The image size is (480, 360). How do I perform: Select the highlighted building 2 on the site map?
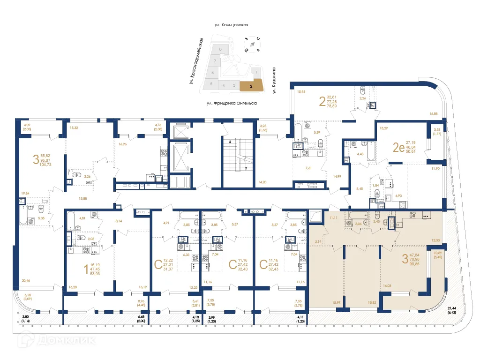pyautogui.click(x=251, y=86)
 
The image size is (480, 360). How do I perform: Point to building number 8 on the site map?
pyautogui.click(x=220, y=49)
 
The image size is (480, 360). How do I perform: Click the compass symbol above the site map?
pyautogui.click(x=252, y=44)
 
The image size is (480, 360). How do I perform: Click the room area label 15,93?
pyautogui.click(x=301, y=92)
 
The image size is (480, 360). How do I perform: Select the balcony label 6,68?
pyautogui.click(x=142, y=317)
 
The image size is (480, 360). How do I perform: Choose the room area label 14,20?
pyautogui.click(x=263, y=182)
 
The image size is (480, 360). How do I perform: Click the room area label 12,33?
pyautogui.click(x=436, y=240)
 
